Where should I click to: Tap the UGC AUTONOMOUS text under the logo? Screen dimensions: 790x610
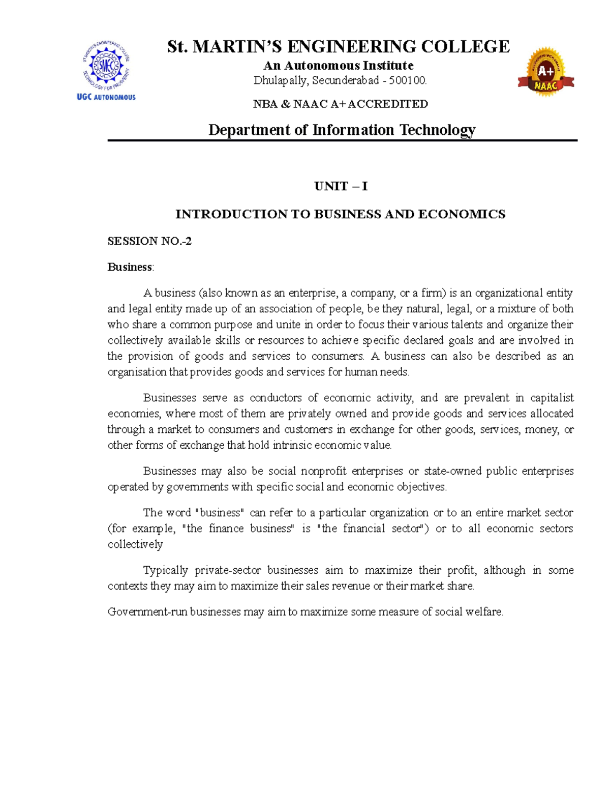(106, 97)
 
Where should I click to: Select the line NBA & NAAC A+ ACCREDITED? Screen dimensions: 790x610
(340, 104)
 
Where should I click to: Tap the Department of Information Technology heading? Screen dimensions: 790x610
(342, 130)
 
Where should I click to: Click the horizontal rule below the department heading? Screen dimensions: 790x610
(342, 140)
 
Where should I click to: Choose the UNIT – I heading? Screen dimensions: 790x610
(341, 186)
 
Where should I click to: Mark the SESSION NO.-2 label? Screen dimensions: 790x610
(149, 241)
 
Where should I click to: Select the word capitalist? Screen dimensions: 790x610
(552, 398)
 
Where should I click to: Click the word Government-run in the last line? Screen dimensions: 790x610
(147, 611)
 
